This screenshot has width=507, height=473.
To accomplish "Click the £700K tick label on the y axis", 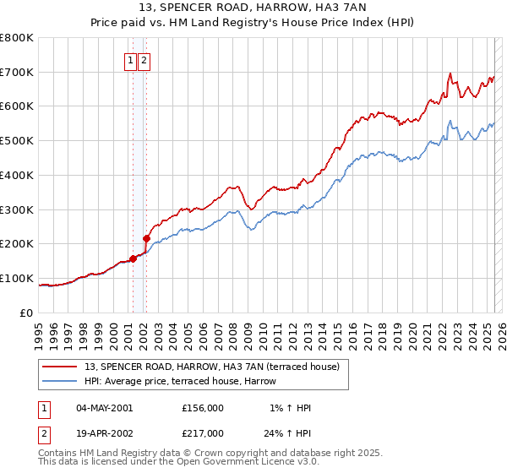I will pos(17,72).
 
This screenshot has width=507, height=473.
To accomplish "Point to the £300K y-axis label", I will pos(17,209).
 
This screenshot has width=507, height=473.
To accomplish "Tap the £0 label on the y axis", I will pos(28,313).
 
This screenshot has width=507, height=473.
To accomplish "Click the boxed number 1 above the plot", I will pos(132,60).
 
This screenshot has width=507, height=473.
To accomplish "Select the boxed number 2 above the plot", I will pos(144,60).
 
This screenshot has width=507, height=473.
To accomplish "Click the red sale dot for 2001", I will pos(133,258).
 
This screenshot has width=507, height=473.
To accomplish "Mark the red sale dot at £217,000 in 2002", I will pos(146,238).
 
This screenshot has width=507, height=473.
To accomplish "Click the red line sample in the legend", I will pos(59,367).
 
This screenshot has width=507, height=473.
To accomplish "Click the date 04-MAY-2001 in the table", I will pos(104,408).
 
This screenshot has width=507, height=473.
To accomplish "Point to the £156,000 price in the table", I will pos(203,408).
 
